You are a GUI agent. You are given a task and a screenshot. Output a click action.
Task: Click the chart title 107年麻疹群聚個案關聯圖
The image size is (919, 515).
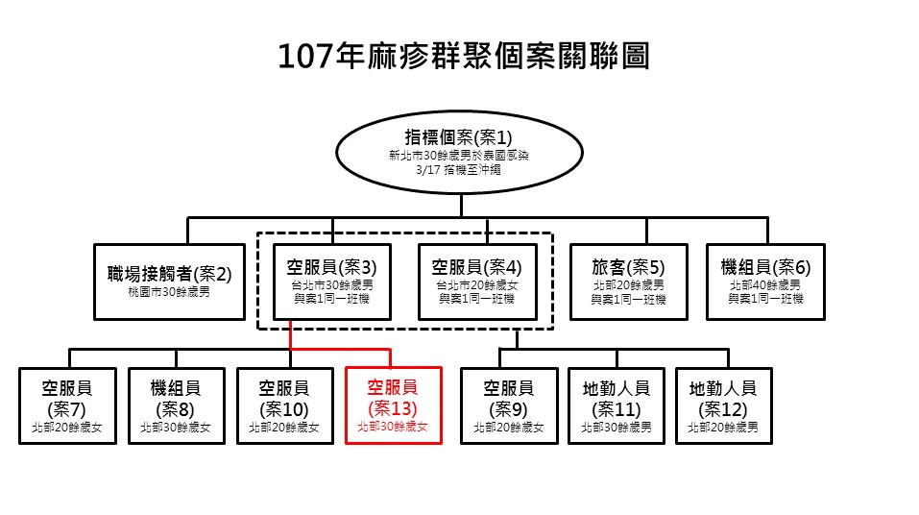464,57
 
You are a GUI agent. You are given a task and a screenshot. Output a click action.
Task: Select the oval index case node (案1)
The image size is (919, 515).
459,153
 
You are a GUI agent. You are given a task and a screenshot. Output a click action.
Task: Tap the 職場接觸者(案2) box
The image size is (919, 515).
169,282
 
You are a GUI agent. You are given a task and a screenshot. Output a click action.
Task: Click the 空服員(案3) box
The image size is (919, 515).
332,282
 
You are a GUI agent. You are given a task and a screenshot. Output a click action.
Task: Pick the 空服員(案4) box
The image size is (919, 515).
477,282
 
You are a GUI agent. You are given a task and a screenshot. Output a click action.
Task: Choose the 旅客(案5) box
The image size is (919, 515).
628,282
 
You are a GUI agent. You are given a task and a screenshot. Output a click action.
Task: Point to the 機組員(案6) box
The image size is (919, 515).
765,282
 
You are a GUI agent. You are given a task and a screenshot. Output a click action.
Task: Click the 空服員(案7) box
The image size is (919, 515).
67,405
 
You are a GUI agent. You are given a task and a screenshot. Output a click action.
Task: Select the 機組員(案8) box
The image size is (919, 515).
177,405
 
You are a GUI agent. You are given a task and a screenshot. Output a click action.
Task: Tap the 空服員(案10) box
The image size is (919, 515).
285,405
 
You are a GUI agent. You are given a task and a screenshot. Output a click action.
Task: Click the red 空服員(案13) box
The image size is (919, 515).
394,405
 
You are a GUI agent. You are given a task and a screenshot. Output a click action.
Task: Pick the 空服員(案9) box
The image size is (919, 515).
509,405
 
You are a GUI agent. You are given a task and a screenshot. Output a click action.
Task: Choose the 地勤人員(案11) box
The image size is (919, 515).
616,405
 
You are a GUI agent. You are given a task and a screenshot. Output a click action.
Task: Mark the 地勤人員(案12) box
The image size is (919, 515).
723,405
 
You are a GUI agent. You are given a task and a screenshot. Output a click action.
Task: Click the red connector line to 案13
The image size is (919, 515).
340,350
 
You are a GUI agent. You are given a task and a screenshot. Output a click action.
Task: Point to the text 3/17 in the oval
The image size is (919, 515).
428,170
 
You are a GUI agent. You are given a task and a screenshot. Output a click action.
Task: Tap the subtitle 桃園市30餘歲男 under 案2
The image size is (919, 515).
169,292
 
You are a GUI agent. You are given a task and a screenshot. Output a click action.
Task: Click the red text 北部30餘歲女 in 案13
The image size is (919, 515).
393,427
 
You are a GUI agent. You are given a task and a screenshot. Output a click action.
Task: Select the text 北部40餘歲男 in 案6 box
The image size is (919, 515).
765,285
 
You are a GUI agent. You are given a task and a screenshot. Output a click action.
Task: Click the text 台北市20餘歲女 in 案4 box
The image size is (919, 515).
477,285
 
